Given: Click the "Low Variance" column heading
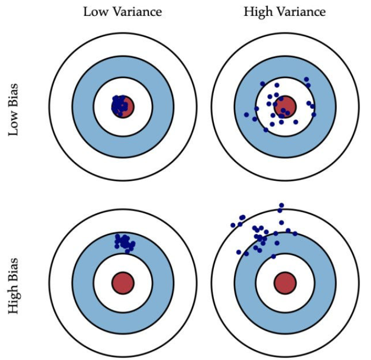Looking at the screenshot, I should click(x=123, y=12).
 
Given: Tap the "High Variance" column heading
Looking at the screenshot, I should click(x=284, y=12).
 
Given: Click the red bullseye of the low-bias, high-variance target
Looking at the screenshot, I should click(x=285, y=106).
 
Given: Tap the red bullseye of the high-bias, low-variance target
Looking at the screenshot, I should click(x=123, y=283).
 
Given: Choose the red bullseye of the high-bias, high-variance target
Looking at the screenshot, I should click(x=285, y=283).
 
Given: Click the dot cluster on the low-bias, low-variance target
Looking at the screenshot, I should click(x=119, y=105).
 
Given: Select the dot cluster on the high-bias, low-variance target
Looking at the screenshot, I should click(x=124, y=241).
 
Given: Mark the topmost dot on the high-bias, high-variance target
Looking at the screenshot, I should click(x=281, y=205).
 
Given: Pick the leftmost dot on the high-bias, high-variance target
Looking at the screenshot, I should click(x=233, y=225).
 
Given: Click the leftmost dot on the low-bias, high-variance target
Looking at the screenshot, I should click(x=246, y=114).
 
